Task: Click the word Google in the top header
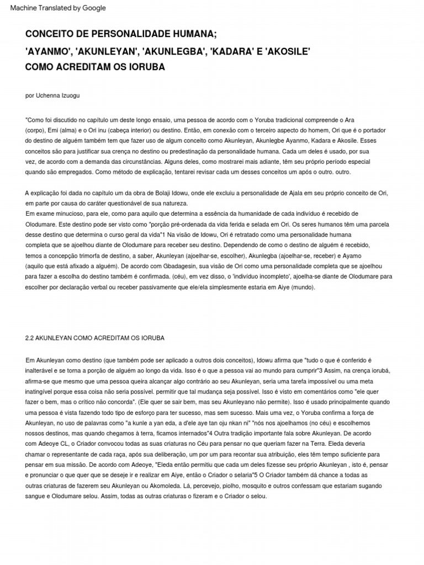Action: pyautogui.click(x=94, y=8)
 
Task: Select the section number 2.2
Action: pyautogui.click(x=31, y=338)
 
